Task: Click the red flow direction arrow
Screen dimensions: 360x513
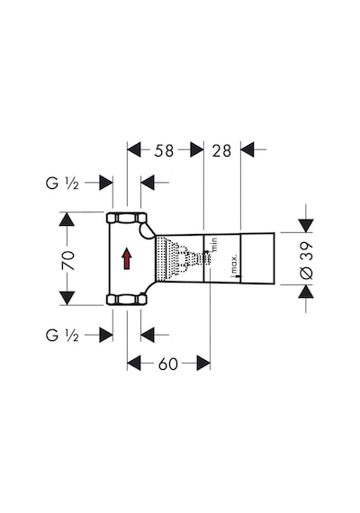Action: pyautogui.click(x=127, y=258)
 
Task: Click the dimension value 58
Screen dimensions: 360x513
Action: pyautogui.click(x=164, y=150)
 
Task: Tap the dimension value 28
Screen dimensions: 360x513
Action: pyautogui.click(x=221, y=150)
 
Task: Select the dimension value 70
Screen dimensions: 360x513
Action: pyautogui.click(x=68, y=260)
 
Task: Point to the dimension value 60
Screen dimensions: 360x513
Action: pyautogui.click(x=168, y=364)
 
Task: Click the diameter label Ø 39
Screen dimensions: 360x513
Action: pyautogui.click(x=307, y=261)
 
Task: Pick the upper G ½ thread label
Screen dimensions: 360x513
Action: pyautogui.click(x=62, y=184)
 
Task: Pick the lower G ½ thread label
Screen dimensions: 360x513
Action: pyautogui.click(x=62, y=335)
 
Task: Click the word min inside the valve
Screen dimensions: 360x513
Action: pyautogui.click(x=214, y=245)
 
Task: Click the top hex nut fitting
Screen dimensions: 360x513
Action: pyautogui.click(x=127, y=218)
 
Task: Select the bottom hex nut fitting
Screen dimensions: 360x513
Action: pyautogui.click(x=127, y=300)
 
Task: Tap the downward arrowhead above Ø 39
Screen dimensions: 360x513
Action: pyautogui.click(x=306, y=226)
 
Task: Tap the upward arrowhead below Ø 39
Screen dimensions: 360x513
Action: pyautogui.click(x=306, y=292)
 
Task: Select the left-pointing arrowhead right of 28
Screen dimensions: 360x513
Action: pyautogui.click(x=247, y=149)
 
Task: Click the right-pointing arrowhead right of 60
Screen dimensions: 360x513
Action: pyautogui.click(x=203, y=364)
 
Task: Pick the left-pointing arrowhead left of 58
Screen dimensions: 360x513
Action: pyautogui.click(x=134, y=149)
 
